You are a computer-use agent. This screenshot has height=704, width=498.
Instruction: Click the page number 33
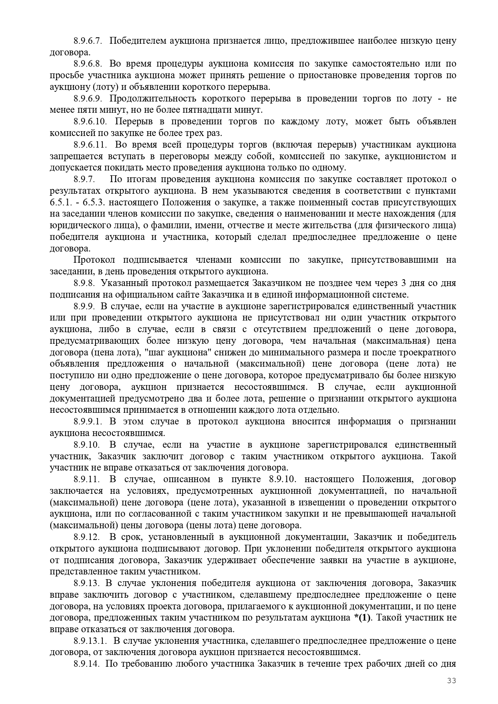tap(452, 680)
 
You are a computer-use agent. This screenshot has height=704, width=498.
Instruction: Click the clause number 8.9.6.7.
tap(88, 41)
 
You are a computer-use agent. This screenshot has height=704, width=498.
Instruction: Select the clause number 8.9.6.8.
tap(88, 64)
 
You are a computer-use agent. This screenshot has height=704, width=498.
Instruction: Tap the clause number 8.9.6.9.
tap(88, 99)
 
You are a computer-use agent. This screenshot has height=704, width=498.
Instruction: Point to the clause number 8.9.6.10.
tap(89, 122)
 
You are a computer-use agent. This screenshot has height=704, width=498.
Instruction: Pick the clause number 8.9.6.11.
tap(89, 145)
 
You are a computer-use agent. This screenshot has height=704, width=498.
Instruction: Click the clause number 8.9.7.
tap(84, 179)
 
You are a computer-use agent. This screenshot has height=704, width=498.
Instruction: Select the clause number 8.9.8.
tap(84, 283)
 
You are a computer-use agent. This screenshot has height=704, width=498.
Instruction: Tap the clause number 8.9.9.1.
tap(88, 422)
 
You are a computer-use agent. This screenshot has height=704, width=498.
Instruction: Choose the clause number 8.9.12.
tap(86, 537)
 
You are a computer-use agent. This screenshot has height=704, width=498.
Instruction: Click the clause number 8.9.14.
tap(86, 664)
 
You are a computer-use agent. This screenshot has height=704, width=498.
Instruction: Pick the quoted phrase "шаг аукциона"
tap(172, 353)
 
